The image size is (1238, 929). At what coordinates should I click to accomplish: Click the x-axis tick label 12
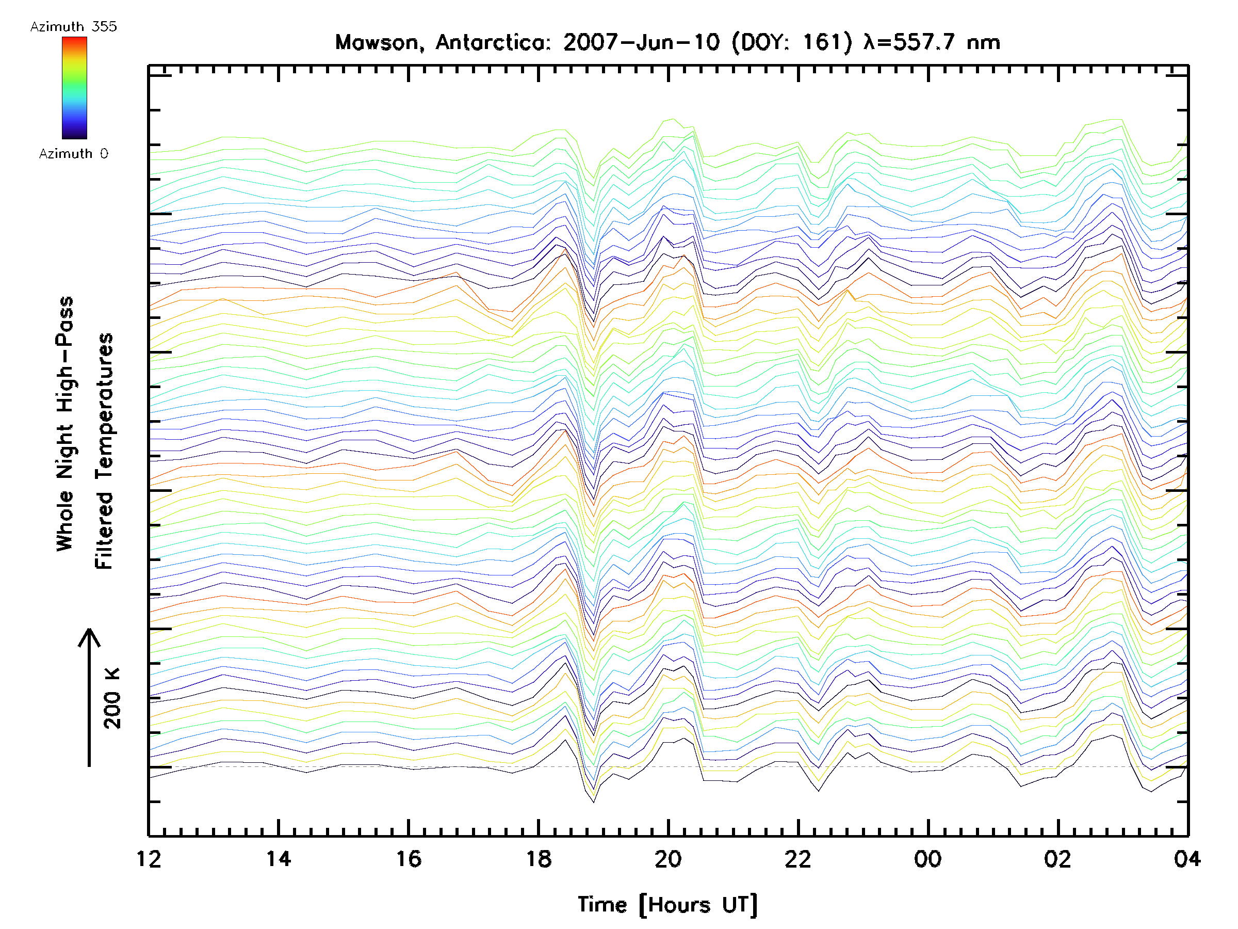coord(149,859)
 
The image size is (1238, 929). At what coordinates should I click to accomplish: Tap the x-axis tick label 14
coord(278,859)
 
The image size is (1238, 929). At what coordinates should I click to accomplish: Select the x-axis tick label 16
coord(409,859)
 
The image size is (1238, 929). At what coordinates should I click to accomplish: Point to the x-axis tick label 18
coord(539,859)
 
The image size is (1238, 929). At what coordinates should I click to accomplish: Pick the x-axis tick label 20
coord(668,859)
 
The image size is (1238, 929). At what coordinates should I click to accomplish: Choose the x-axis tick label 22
coord(798,859)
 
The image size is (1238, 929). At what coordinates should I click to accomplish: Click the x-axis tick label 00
coord(928,859)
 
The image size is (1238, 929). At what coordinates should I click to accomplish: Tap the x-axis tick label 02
coord(1058,859)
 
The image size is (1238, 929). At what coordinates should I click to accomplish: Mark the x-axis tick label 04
coord(1187,859)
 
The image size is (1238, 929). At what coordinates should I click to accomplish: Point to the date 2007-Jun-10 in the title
coord(641,42)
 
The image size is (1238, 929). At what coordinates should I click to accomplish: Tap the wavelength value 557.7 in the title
coord(923,42)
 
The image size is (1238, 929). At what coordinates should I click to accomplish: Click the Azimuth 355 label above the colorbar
coord(73,27)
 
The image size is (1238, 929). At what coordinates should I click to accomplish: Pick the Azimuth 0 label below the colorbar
coord(73,154)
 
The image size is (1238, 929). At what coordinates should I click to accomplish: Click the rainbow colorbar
coord(74,88)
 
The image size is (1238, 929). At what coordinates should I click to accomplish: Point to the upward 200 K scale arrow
coord(89,697)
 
